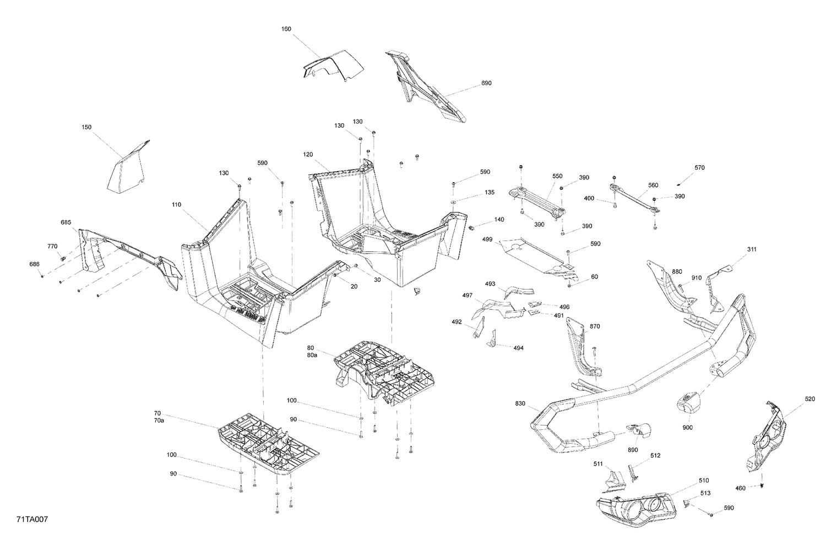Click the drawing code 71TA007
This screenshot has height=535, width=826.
pos(27,519)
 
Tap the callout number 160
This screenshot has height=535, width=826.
pos(286,29)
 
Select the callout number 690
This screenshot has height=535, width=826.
pos(486,83)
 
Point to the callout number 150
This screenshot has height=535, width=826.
pos(86,127)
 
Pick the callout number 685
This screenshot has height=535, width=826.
pos(66,222)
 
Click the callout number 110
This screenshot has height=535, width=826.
pos(176,205)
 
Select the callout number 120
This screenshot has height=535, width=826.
pos(308,155)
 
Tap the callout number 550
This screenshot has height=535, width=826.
pos(558,176)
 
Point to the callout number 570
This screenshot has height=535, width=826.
pos(699,167)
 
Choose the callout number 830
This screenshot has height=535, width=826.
pos(520,403)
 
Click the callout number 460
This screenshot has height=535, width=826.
pos(741,488)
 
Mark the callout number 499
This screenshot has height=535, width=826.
pos(487,239)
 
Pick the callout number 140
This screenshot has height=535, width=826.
pos(499,220)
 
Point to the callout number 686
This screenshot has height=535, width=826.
pos(35,265)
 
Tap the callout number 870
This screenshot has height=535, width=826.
pos(595,326)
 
